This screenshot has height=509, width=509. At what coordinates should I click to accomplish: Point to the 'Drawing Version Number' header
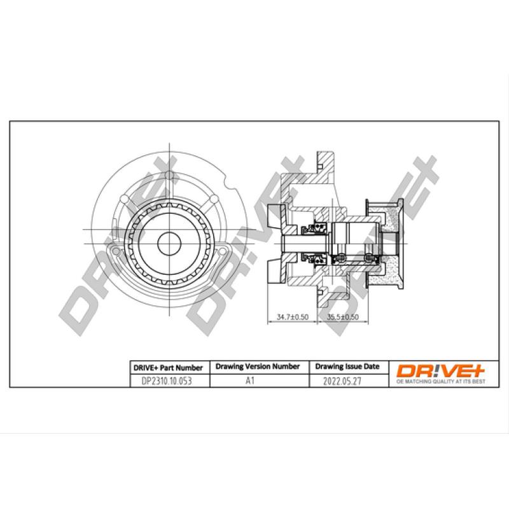[257, 366]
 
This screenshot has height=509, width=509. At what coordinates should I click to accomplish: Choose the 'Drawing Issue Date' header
[347, 366]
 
